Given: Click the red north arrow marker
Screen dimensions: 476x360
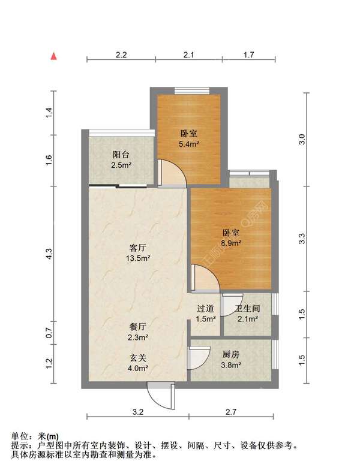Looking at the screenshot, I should (x=54, y=56).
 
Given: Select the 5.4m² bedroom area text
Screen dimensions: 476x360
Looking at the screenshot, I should (x=189, y=144).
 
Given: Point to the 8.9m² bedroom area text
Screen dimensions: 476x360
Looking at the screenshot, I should (x=231, y=243).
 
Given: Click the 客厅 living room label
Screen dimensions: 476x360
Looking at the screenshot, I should (x=138, y=247).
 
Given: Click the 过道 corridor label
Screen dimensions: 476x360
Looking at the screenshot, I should (x=206, y=309).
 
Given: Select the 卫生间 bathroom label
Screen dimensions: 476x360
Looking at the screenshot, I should (x=247, y=309).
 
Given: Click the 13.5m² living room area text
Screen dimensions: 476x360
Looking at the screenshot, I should (x=138, y=258).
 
